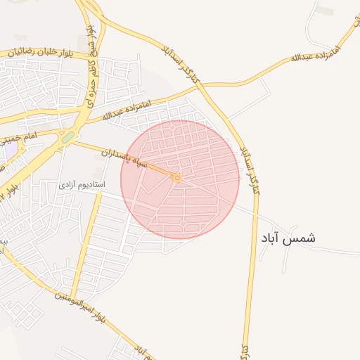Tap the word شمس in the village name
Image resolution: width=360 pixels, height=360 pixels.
coord(302,238)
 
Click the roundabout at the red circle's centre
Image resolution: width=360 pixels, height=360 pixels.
coord(177,179)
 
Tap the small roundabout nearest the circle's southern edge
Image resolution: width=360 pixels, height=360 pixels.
coord(184,224)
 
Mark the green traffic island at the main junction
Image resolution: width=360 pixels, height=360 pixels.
coord(67,138)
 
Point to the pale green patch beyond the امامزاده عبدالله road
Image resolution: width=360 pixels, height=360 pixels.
coord(324,11)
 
